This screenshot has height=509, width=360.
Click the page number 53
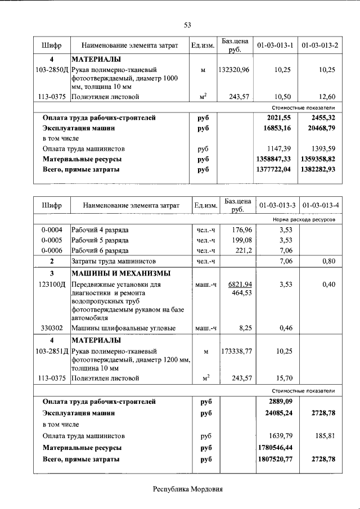[x=188, y=24]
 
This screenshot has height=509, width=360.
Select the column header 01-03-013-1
[x=276, y=45]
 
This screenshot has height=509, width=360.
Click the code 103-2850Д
[x=51, y=70]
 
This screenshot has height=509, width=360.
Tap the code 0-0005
[x=51, y=240]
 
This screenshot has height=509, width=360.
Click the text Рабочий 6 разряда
[x=100, y=250]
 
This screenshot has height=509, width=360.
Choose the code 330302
[x=51, y=327]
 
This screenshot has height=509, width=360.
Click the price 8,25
[x=242, y=327]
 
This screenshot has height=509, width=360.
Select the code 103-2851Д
[x=51, y=352]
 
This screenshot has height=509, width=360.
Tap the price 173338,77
[x=236, y=352]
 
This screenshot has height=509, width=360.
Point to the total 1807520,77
[x=274, y=460]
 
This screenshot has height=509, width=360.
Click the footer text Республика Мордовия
[x=188, y=489]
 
